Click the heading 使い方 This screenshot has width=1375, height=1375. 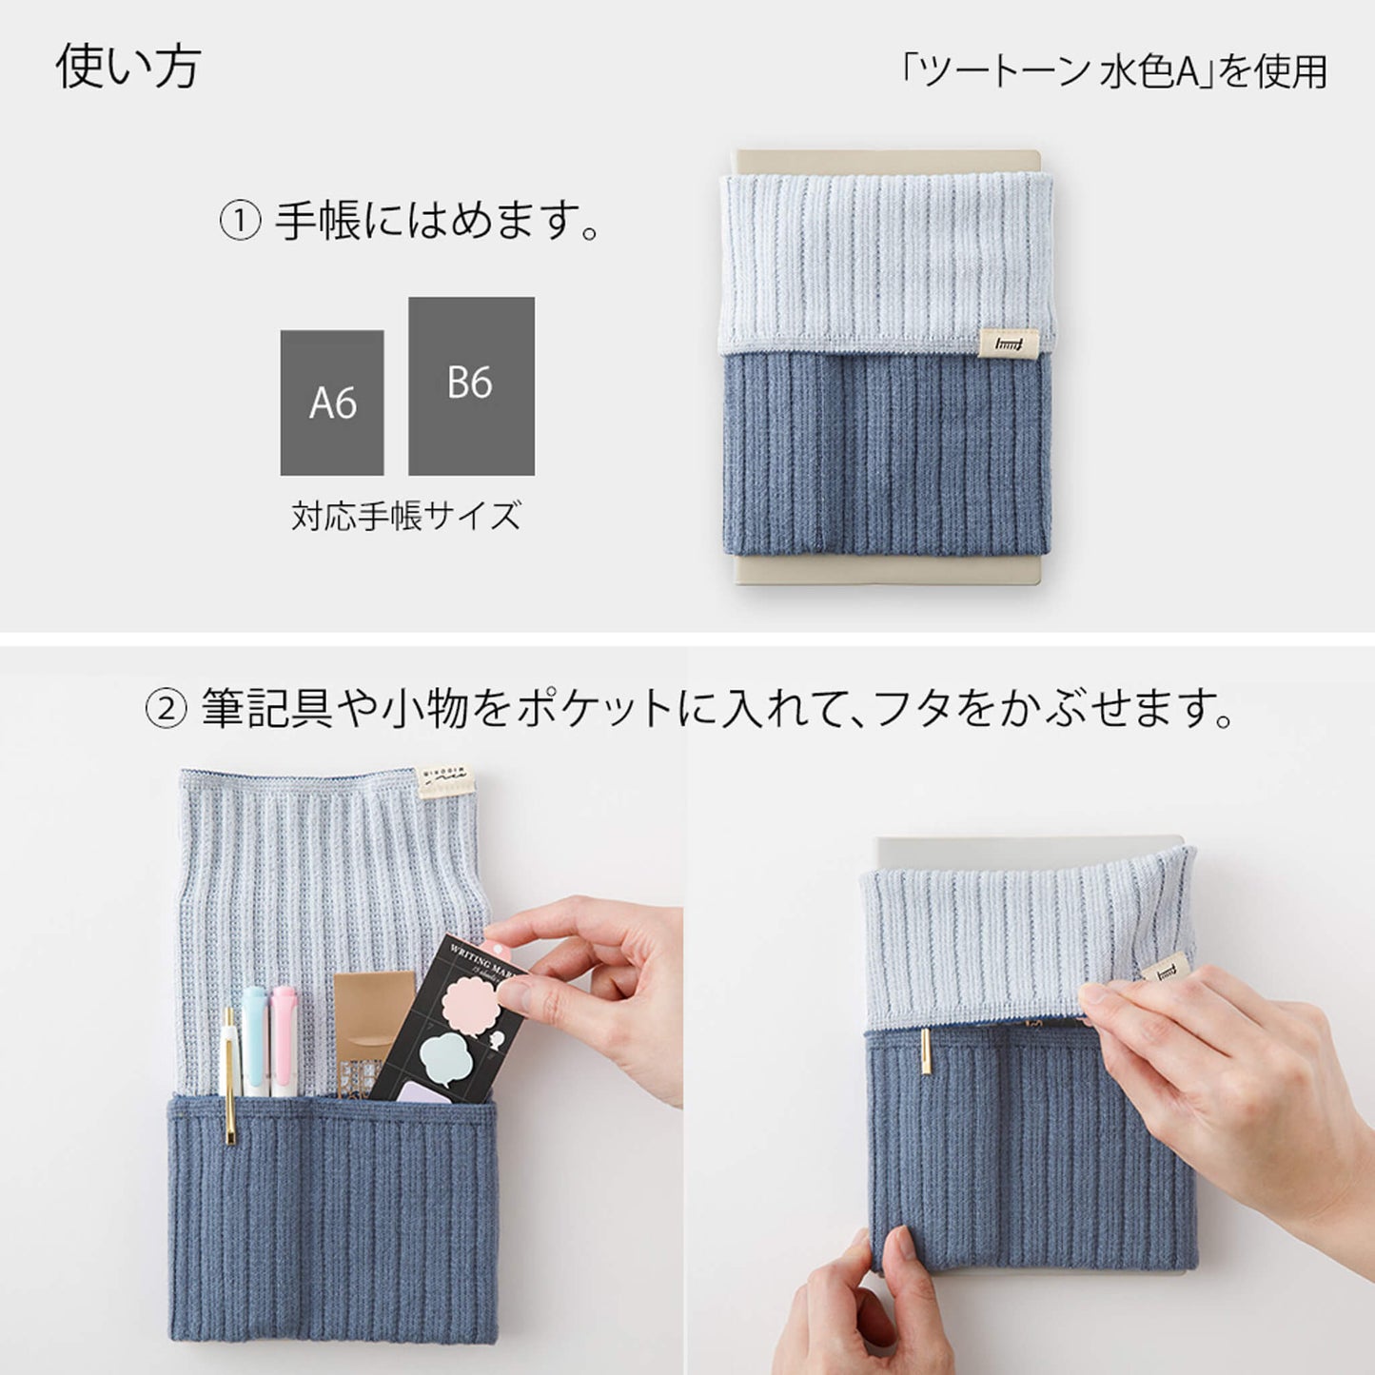128,67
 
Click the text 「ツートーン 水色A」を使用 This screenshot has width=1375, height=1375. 1112,72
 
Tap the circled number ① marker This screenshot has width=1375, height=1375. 239,222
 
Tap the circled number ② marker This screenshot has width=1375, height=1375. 165,710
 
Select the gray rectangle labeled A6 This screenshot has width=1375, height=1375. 332,403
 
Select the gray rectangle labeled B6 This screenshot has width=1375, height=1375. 471,385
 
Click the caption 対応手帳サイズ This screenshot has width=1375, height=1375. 406,516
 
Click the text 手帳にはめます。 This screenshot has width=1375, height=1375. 438,221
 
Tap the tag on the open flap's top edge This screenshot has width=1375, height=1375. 445,780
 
